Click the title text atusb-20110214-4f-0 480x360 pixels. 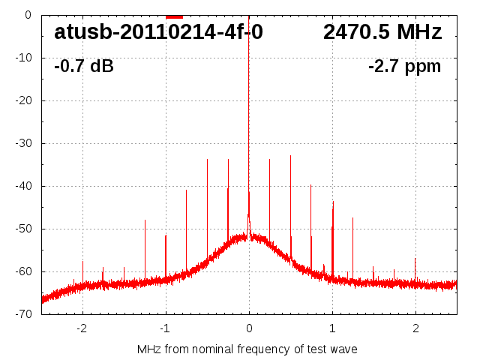point(158,32)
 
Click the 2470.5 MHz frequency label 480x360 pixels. point(382,32)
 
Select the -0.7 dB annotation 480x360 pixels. point(84,66)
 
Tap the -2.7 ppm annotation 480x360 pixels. point(404,66)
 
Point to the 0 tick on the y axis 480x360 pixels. point(27,15)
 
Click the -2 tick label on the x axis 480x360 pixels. point(81,328)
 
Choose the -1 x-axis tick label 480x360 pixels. point(164,328)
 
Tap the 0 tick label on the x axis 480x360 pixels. point(249,328)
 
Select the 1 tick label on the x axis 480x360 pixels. point(332,328)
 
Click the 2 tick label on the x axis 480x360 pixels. point(415,328)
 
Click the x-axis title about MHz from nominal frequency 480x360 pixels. point(247,349)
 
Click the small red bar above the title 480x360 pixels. point(174,16)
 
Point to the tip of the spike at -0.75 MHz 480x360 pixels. point(186,190)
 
